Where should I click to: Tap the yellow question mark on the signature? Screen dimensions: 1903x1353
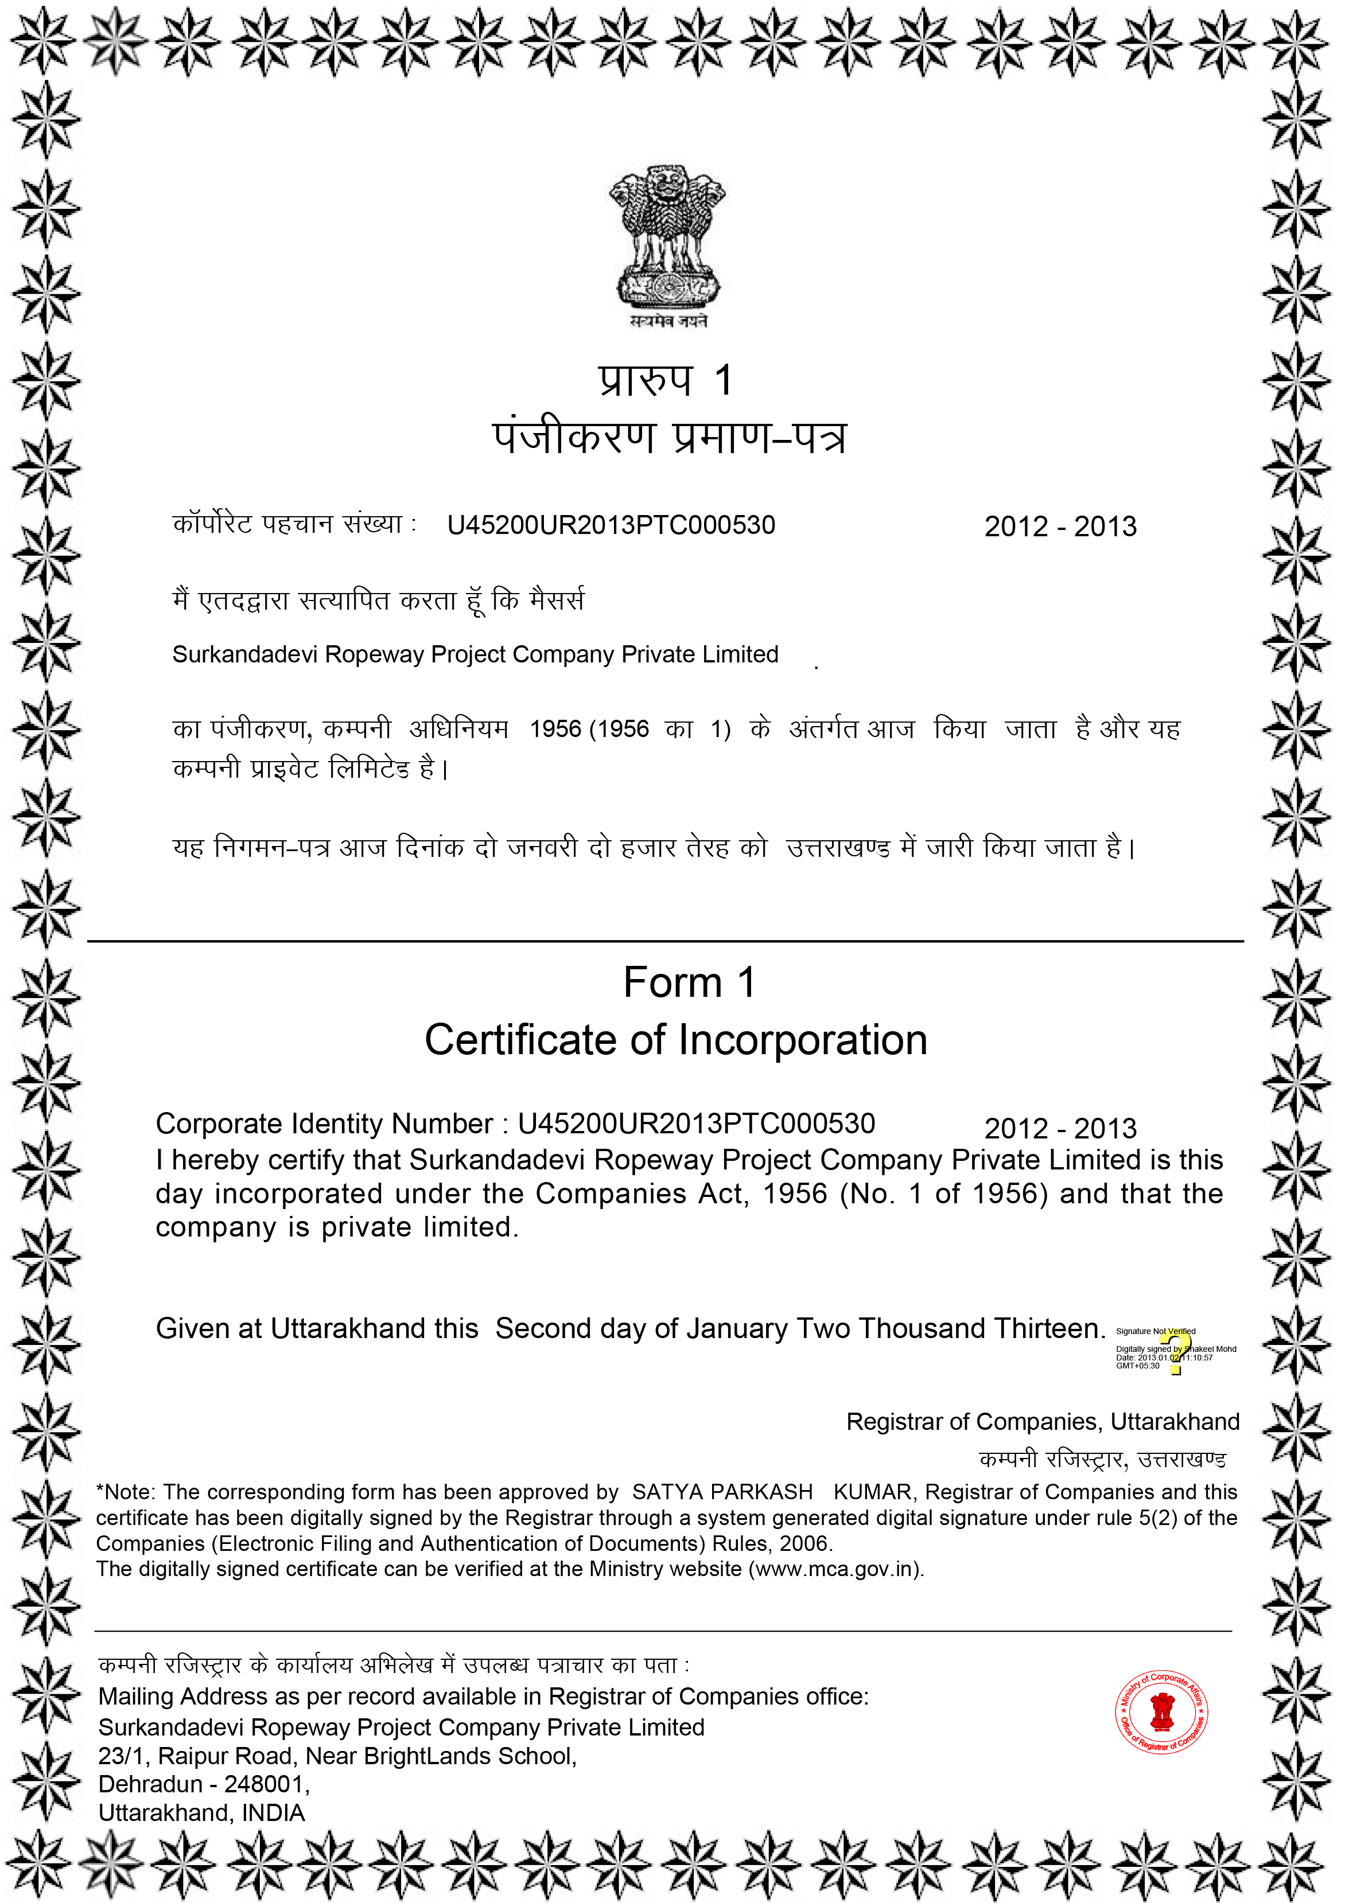coord(1177,1351)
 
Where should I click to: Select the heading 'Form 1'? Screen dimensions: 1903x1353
coord(689,982)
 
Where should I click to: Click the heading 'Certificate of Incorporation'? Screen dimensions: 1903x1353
coord(676,1040)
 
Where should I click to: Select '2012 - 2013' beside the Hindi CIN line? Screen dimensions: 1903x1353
coord(1060,527)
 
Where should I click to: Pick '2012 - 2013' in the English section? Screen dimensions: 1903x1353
coord(1060,1129)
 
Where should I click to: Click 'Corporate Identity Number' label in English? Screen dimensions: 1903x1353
coord(324,1124)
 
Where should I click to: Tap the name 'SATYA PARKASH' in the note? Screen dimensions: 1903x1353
coord(721,1492)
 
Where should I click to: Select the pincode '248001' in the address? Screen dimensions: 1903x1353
coord(263,1784)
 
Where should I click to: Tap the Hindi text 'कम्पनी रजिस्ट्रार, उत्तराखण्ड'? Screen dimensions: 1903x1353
coord(1102,1459)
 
